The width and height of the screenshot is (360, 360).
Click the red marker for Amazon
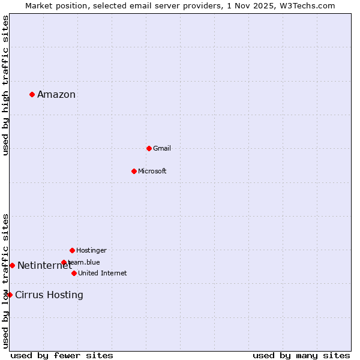click(32, 94)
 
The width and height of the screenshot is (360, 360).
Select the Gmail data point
click(149, 148)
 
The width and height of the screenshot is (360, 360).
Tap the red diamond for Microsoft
click(134, 171)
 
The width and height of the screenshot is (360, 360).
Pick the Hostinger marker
click(72, 250)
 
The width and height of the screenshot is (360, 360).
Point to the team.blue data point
click(64, 262)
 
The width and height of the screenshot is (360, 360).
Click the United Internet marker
click(74, 273)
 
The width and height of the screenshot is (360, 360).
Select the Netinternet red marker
click(12, 265)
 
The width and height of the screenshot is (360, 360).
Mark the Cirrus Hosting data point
click(10, 295)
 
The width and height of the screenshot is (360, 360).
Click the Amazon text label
click(56, 94)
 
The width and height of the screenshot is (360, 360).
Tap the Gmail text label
click(162, 148)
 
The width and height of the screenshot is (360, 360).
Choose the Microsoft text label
click(152, 171)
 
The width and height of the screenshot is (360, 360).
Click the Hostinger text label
click(91, 250)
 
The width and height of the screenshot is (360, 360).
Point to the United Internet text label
click(103, 273)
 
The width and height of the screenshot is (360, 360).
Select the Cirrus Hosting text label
click(49, 295)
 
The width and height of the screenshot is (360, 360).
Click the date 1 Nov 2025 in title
click(257, 5)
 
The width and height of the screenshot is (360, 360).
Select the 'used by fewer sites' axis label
click(62, 355)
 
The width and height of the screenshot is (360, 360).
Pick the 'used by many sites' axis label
click(301, 355)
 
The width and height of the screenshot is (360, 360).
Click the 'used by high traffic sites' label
click(5, 85)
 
